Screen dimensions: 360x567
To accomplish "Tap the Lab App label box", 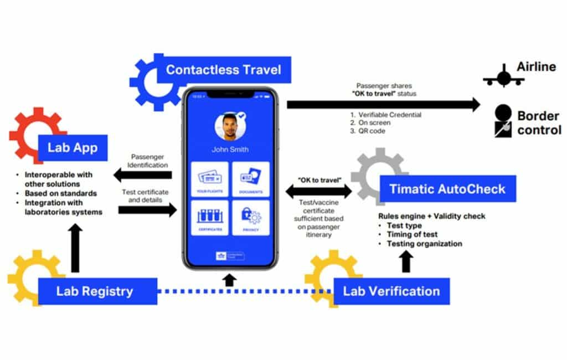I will (73, 147).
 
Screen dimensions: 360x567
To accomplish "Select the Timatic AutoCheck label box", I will (447, 189).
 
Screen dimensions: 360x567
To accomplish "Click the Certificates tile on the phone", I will (210, 218).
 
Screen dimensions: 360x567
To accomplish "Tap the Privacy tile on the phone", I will (251, 218).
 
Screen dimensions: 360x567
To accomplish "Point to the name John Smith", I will (230, 150).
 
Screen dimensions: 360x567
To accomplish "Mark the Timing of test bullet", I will (413, 234).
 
